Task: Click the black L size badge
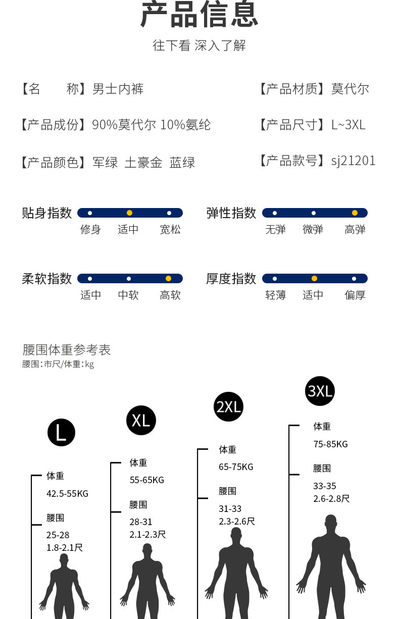coord(61,432)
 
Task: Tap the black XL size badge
coord(141,420)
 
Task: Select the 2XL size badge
coord(228,406)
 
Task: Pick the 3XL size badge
coord(320,391)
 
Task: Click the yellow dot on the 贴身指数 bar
coord(129,213)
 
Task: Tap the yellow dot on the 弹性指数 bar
coord(355,213)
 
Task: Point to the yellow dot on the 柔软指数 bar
coord(168,278)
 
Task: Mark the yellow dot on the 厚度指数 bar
coord(314,278)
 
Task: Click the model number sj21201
coord(353,161)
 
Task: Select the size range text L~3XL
coord(348,125)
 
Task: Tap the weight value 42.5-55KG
coord(67,494)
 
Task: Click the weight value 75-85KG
coord(330,444)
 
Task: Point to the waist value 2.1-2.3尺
coord(147,535)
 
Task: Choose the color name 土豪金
coord(143,163)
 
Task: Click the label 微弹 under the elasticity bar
coord(313,229)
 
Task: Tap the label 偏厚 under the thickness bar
coord(355,295)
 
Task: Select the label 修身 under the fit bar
coord(90,229)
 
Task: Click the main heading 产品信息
coord(199,14)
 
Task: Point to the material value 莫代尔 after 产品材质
coord(350,89)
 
